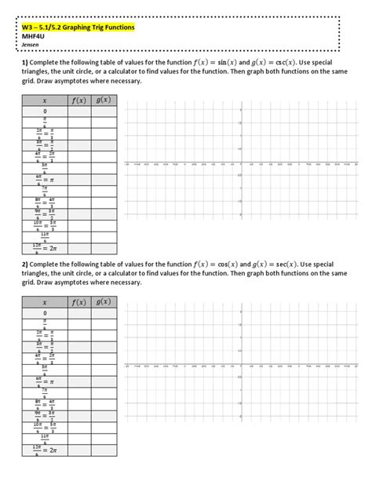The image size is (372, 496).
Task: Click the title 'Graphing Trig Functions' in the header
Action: [x=93, y=27]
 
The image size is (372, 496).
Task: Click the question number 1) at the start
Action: [x=25, y=63]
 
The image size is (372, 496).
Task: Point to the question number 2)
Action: [x=25, y=265]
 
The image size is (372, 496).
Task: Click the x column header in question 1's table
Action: [x=45, y=100]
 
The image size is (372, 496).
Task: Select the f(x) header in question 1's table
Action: [x=78, y=100]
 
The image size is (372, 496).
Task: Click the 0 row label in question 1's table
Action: [x=45, y=111]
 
